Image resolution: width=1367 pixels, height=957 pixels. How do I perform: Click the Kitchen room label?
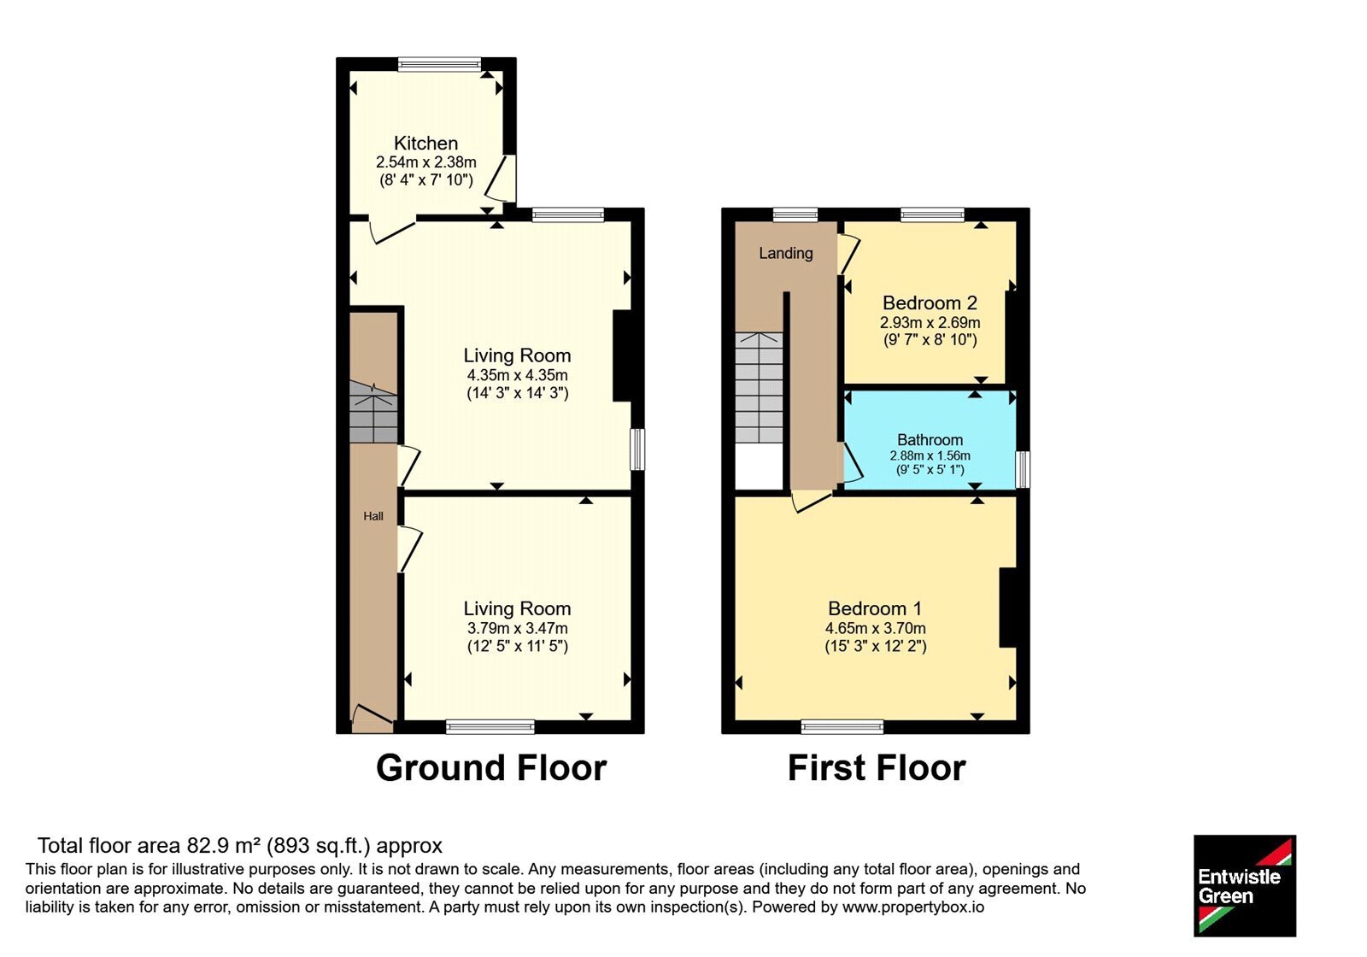coord(425,144)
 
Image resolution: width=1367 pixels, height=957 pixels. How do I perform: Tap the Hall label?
coord(373,516)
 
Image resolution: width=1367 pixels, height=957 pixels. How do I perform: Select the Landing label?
coord(786,253)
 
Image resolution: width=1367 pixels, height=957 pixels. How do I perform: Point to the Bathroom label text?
coord(930,440)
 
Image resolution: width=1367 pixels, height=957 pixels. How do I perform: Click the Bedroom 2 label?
coord(930,302)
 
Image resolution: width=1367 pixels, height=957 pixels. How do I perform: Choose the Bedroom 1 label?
coord(875,608)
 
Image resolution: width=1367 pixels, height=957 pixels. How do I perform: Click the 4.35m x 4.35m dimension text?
coord(518,375)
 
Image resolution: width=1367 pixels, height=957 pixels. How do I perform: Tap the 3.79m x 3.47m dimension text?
coord(518,628)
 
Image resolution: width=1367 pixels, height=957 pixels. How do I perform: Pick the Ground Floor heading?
coord(491,768)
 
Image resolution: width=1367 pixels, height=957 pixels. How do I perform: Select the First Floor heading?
coord(877,768)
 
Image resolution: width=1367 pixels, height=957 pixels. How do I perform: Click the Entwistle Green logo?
coord(1245,885)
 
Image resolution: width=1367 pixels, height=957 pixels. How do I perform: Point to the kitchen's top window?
coord(439,64)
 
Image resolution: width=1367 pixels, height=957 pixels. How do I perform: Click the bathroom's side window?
coord(1023,469)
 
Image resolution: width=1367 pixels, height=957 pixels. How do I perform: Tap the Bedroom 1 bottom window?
coord(842,726)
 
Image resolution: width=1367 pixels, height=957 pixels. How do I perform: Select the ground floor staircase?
coord(373,412)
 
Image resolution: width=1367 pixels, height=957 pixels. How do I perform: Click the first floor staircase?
coord(759,388)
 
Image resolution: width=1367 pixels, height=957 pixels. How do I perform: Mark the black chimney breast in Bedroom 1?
coord(1008,608)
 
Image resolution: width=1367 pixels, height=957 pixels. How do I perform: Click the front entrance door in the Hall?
coord(373,719)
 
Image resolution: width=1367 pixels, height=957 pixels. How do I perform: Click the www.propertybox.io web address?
coord(913,907)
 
